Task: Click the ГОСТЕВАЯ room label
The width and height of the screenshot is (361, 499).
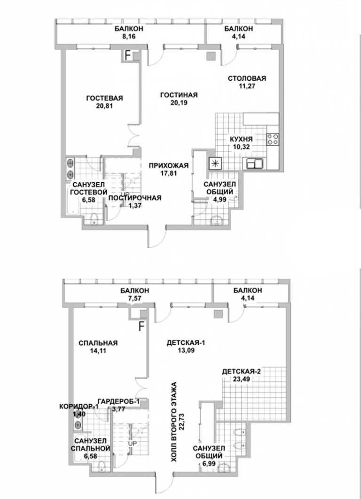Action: [104, 98]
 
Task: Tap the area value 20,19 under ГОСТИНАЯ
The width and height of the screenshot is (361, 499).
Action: [179, 103]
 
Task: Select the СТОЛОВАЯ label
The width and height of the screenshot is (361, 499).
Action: [247, 78]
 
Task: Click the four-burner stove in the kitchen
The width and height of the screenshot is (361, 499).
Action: [273, 139]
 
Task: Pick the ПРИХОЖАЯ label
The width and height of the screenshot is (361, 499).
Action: [169, 165]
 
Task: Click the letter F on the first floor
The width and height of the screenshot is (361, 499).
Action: [128, 55]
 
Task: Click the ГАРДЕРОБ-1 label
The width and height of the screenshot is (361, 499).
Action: [118, 401]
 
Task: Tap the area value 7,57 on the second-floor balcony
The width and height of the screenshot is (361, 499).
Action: [134, 298]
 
